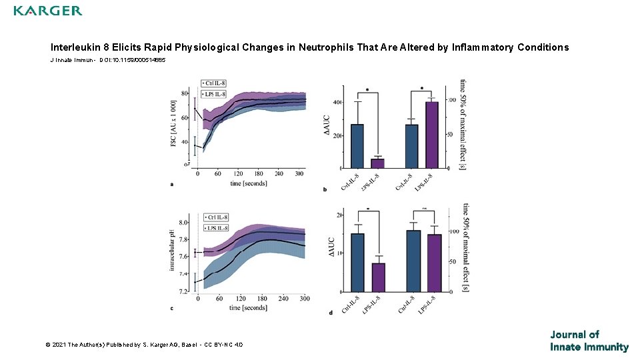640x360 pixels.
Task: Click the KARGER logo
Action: click(48, 11)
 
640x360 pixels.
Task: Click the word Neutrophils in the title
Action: click(325, 47)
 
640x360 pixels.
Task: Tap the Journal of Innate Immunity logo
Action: click(589, 341)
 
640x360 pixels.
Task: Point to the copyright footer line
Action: click(144, 345)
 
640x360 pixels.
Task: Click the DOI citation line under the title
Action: click(108, 60)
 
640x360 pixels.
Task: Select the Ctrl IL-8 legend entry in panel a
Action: click(214, 83)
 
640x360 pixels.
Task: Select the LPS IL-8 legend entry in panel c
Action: click(216, 229)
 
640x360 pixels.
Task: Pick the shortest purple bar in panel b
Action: click(377, 163)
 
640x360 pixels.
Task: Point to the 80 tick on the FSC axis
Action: click(184, 93)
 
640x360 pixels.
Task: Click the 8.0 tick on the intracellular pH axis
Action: click(183, 223)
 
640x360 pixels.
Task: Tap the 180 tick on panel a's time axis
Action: click(259, 174)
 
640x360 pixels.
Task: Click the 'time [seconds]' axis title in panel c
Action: click(248, 308)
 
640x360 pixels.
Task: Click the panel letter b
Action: click(325, 190)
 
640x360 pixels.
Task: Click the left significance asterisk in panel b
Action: click(367, 89)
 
